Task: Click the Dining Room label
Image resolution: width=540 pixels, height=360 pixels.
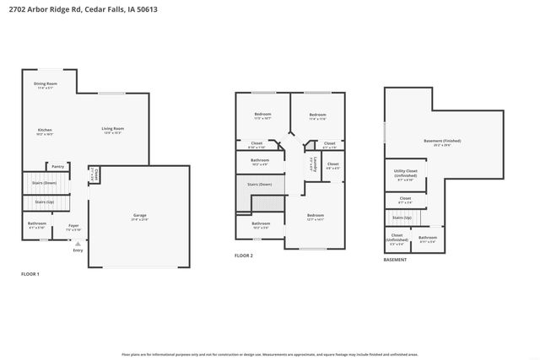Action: point(46,83)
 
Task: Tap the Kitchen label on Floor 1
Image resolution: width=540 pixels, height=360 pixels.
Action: point(45,130)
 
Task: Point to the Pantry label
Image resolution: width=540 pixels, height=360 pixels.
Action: point(58,166)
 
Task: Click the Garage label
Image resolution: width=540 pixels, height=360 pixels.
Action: point(140,215)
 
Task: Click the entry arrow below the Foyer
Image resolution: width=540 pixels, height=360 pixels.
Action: point(78,243)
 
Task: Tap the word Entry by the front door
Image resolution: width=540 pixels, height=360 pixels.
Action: point(78,250)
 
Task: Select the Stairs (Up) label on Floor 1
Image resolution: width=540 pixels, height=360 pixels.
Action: point(46,202)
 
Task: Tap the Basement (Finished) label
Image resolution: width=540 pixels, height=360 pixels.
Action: point(442,141)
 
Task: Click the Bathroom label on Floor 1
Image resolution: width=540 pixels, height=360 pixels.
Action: point(36,223)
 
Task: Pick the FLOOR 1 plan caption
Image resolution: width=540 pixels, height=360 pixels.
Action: point(30,274)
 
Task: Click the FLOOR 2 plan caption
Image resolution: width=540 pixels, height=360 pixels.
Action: point(245,255)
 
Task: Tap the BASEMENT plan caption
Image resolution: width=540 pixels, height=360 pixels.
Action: point(395,260)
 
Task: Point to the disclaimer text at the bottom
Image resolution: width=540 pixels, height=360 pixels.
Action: point(270,353)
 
